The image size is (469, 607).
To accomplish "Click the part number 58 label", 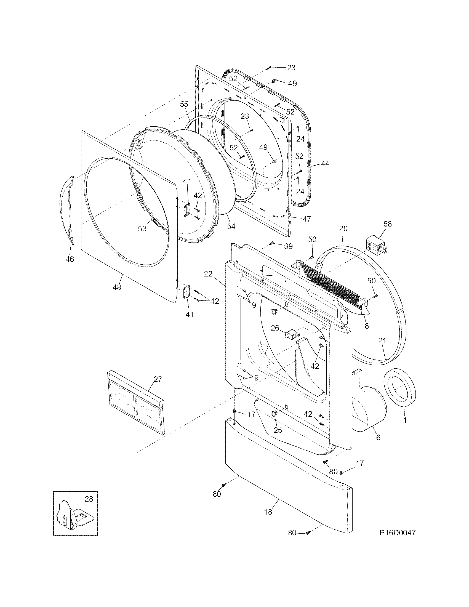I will (x=387, y=224).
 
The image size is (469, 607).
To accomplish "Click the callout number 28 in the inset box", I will (x=89, y=499).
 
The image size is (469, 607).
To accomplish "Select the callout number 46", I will (x=70, y=259).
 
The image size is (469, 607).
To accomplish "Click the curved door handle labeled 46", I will (x=67, y=210).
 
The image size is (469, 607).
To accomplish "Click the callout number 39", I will (x=288, y=246).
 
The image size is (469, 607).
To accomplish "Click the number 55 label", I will (x=184, y=104).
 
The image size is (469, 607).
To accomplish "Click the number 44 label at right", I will (x=325, y=164).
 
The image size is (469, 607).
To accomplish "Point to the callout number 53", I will (x=142, y=229).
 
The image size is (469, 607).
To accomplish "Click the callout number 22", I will (x=208, y=274).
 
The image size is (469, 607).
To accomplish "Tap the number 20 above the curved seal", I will (x=343, y=228).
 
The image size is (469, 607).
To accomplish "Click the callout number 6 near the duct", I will (x=378, y=437).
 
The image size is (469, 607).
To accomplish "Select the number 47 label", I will (x=307, y=219).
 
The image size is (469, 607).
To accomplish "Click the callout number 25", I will (x=278, y=430).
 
